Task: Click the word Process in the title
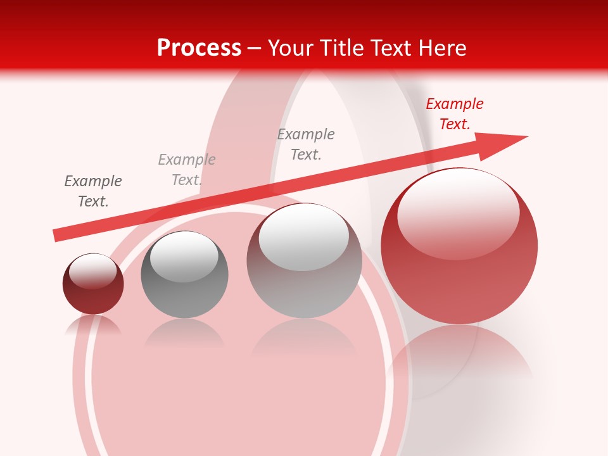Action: pyautogui.click(x=199, y=48)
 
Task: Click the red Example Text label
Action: pyautogui.click(x=454, y=114)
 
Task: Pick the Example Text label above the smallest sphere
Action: pyautogui.click(x=93, y=191)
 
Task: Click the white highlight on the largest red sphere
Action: pyautogui.click(x=458, y=212)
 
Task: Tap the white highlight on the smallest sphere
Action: pyautogui.click(x=92, y=269)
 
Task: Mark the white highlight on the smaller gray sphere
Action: pyautogui.click(x=184, y=256)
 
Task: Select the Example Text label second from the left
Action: pyautogui.click(x=187, y=170)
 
